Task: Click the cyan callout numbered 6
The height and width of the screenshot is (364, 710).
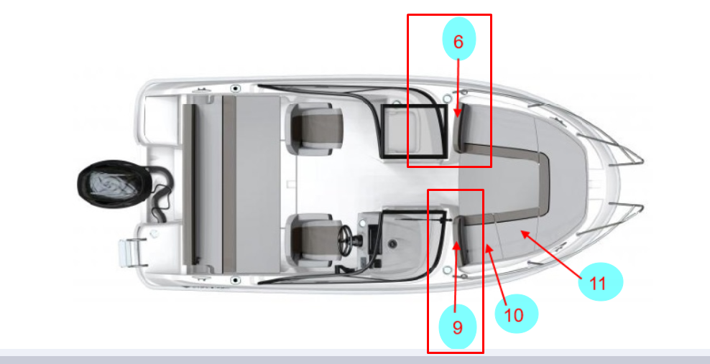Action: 458,39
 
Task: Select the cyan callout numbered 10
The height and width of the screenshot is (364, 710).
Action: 516,314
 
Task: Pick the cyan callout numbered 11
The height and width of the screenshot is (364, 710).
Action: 601,281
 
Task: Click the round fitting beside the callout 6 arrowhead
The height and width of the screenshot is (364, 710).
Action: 447,98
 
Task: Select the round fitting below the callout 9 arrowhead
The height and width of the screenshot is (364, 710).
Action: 447,270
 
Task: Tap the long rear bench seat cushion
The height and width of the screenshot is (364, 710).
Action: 258,184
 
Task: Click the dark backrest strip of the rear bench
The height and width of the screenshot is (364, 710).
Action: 229,184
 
